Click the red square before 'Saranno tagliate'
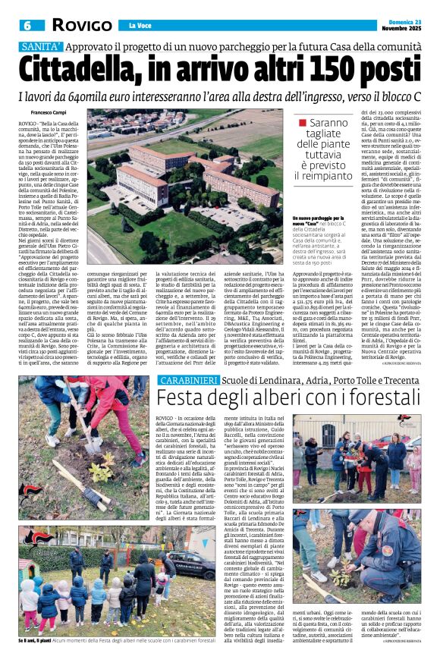point(303,122)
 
